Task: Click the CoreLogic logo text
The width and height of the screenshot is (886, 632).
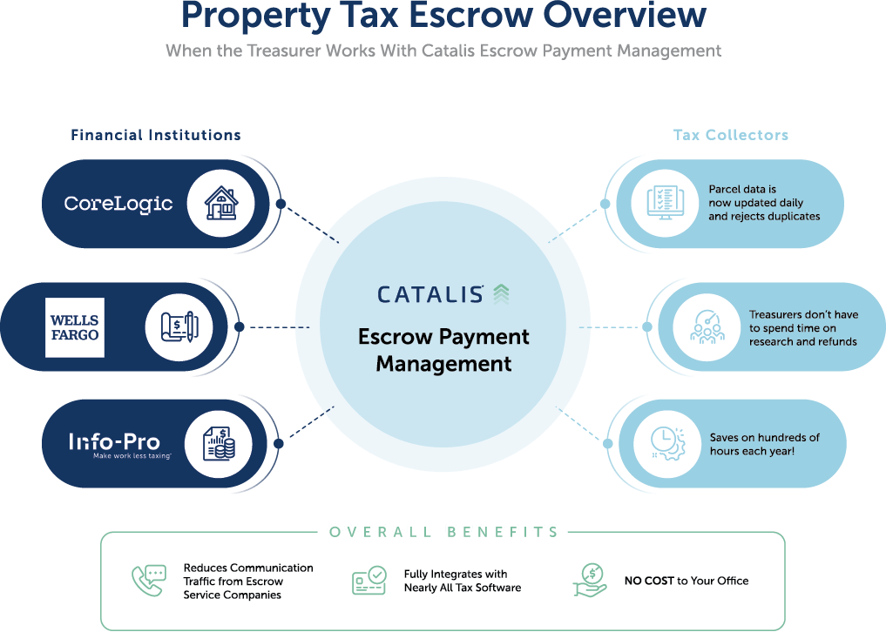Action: point(118,204)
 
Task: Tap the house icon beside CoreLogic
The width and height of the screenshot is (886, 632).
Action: point(220,204)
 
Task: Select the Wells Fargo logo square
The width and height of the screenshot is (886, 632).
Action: point(75,327)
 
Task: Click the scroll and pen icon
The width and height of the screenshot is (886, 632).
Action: point(179,327)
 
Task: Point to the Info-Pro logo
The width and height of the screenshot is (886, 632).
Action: point(114,444)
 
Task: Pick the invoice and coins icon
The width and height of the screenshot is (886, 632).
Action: point(219,444)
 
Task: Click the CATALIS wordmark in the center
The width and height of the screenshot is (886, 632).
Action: point(431,294)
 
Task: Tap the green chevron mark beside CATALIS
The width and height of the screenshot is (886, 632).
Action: point(501,293)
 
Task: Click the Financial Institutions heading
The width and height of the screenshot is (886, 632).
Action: point(156,135)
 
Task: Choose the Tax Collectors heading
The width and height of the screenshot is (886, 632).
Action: point(731,135)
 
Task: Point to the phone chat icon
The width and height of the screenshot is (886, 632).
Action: point(148,581)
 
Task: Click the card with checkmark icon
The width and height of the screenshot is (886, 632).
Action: point(369,581)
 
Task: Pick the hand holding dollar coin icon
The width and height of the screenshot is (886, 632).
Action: point(589,581)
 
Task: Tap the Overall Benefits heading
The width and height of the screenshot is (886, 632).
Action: point(443,531)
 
